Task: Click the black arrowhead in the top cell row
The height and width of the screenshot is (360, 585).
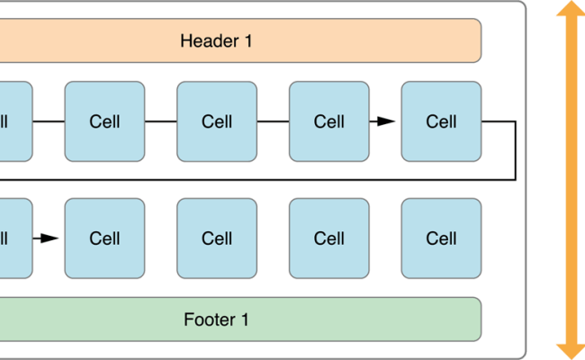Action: point(385,121)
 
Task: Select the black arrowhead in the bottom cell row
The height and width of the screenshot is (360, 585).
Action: point(49,238)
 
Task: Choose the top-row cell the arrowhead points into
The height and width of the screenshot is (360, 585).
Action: point(441,121)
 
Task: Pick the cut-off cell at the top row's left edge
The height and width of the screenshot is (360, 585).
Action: point(13,121)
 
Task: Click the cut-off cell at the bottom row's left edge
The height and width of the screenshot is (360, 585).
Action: point(13,238)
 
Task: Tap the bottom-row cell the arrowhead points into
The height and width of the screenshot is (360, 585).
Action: point(104,238)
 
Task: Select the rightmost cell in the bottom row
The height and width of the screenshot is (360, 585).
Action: point(441,238)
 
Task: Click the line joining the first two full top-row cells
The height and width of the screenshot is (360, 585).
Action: point(160,121)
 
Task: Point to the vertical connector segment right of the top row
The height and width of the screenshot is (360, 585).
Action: point(515,149)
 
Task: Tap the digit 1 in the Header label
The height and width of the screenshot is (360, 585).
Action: point(248,40)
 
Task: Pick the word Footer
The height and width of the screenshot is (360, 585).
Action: point(209,319)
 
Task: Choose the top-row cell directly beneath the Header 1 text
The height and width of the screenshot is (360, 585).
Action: point(217,121)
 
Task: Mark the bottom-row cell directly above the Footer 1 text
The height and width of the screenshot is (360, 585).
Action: point(217,238)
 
